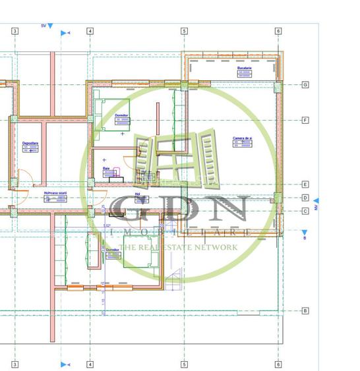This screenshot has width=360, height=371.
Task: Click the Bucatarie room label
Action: coord(245,68)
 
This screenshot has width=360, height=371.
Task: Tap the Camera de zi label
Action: coord(243,138)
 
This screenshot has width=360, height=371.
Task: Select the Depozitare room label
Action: coord(30,143)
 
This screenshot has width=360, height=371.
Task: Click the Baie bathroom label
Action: coord(106,168)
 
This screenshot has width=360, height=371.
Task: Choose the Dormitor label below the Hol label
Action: coord(113,250)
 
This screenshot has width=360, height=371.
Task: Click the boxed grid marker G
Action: coord(305,85)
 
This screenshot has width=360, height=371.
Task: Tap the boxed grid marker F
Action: coord(305,121)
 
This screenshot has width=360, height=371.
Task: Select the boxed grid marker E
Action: coord(305,185)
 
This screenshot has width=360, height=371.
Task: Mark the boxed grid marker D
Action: coord(305,198)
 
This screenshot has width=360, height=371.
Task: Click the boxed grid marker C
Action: coord(305,211)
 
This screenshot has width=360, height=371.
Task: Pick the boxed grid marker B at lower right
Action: coord(305,310)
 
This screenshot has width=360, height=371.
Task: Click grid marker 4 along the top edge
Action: coord(90,31)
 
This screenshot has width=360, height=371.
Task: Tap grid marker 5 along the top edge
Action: coord(184,31)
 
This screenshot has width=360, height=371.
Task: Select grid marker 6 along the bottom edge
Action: coord(278,364)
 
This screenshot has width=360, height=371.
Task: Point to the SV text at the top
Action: coord(44,25)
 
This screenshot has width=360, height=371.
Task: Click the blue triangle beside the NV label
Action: coord(315,200)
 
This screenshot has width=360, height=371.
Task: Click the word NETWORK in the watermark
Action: coord(216,247)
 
